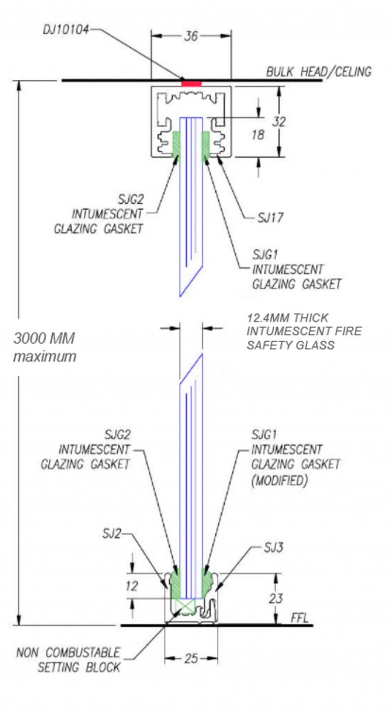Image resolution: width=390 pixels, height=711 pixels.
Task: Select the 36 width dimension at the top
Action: click(x=191, y=36)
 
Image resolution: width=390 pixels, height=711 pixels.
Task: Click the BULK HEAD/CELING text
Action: click(x=319, y=72)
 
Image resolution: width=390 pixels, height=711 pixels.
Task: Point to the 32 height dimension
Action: click(x=279, y=122)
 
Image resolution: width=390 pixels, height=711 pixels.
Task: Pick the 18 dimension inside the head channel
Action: click(x=258, y=135)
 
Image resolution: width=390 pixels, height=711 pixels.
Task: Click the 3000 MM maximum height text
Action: click(x=45, y=347)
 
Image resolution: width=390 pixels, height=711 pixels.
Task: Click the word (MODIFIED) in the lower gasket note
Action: click(x=279, y=480)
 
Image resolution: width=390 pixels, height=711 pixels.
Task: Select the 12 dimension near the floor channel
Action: click(x=132, y=586)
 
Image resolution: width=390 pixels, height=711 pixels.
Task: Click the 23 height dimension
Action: click(x=276, y=599)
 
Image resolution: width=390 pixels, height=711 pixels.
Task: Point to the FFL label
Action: click(x=300, y=619)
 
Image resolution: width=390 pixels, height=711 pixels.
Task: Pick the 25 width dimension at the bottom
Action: click(x=191, y=659)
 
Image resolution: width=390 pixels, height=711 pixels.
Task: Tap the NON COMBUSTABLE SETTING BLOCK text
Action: click(x=69, y=659)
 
